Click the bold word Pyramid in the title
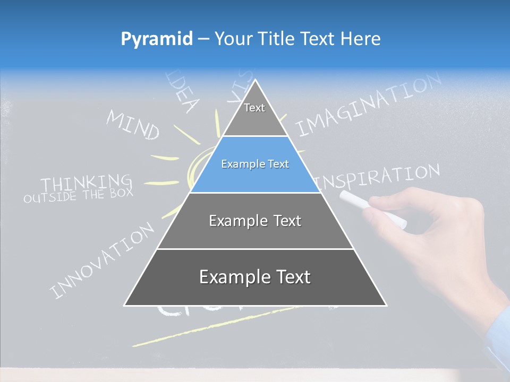(x=157, y=39)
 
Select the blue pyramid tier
(x=255, y=164)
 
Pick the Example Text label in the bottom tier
(x=255, y=277)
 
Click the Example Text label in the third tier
(x=255, y=221)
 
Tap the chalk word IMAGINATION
(x=369, y=105)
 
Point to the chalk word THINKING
(x=87, y=183)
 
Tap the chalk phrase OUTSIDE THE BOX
(x=78, y=195)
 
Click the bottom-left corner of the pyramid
(x=125, y=305)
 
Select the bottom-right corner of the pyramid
(x=386, y=305)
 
